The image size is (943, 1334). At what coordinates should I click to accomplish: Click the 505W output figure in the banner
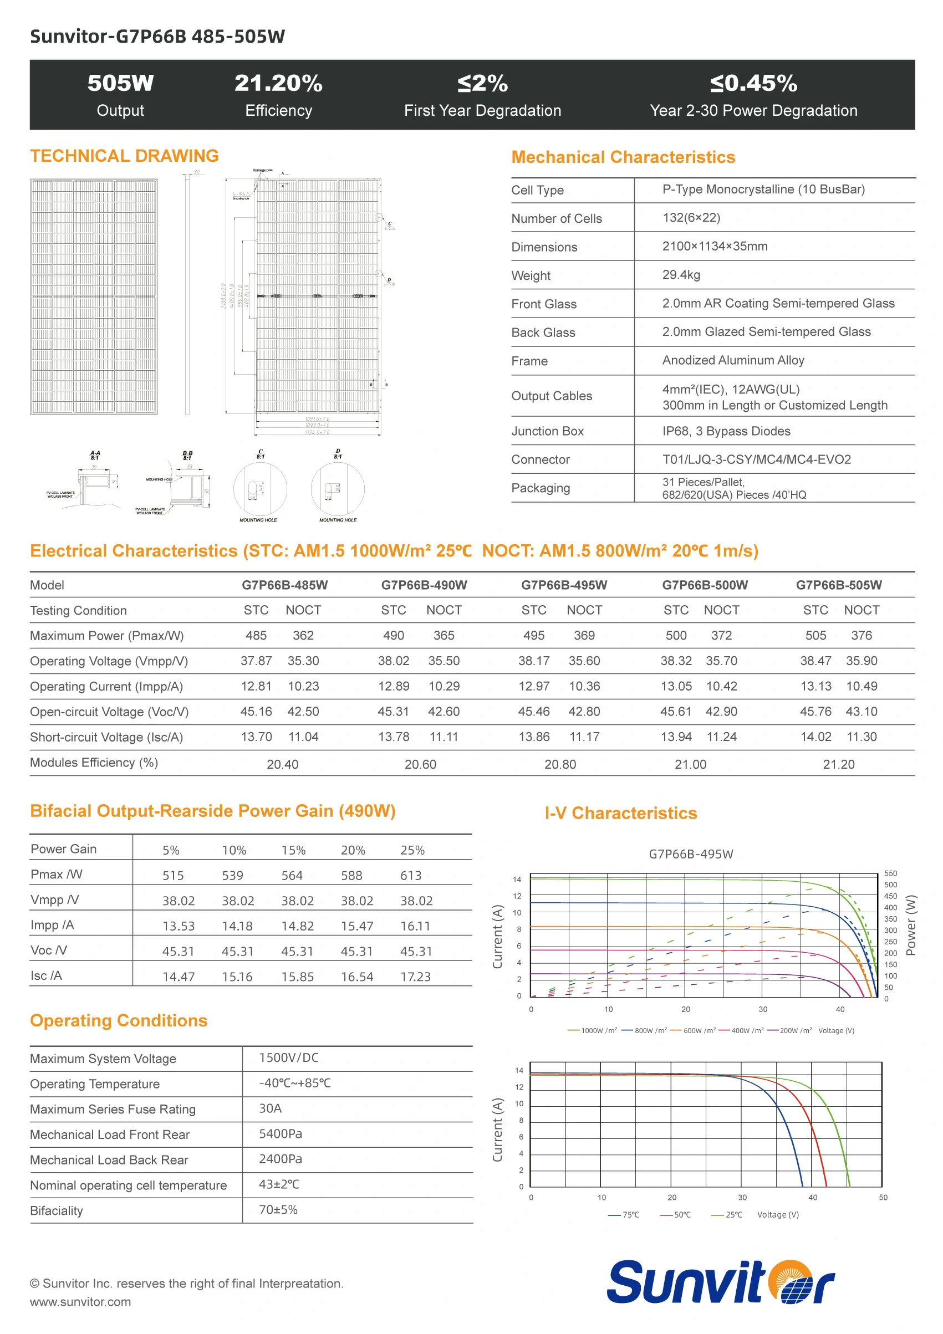[120, 83]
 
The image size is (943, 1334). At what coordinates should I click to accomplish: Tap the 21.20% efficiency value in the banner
[278, 83]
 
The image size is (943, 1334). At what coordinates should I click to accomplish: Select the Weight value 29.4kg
[681, 275]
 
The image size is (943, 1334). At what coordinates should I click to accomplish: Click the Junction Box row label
[547, 431]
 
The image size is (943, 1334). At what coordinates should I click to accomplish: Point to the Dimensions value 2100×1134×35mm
[715, 246]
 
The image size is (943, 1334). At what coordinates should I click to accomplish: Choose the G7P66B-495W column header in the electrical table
[564, 585]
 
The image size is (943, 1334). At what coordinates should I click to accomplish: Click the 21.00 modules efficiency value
[690, 765]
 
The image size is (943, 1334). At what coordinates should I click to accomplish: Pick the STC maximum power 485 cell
[256, 636]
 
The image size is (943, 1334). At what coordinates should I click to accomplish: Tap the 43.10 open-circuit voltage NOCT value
[861, 712]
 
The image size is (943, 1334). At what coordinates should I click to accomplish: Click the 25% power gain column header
[412, 851]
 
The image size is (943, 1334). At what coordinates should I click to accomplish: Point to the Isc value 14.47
[179, 977]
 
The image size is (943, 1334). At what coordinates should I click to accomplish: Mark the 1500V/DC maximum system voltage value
[289, 1058]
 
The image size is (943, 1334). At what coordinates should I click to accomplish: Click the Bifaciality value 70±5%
[278, 1210]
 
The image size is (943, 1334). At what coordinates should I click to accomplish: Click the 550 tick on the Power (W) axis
[890, 873]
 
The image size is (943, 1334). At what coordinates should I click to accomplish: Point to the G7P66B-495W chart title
[691, 854]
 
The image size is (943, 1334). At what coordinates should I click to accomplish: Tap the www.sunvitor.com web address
[80, 1302]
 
